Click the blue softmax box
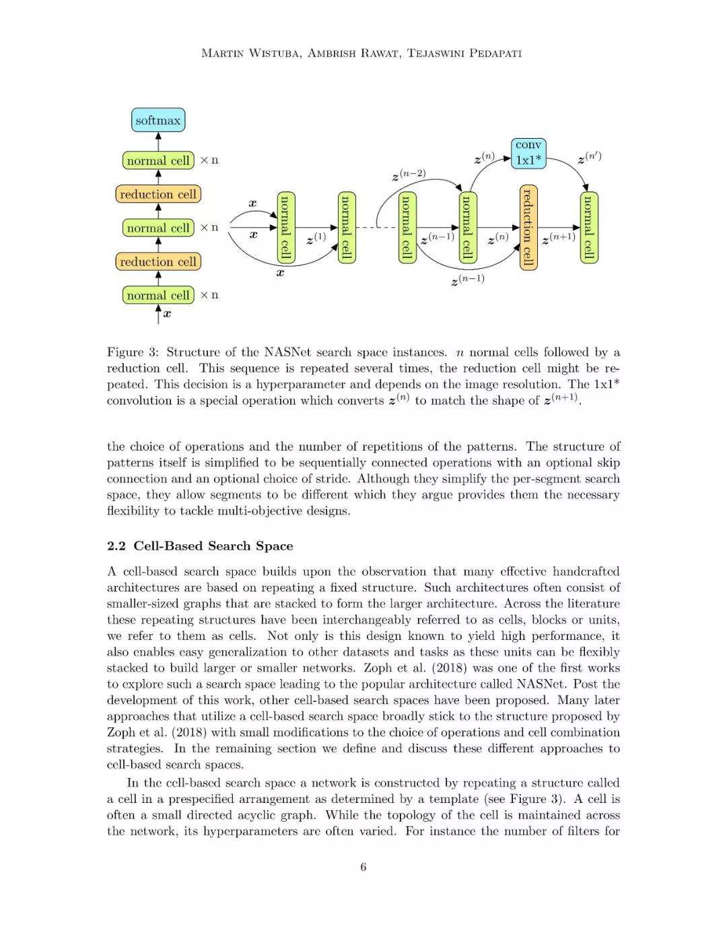[x=158, y=121]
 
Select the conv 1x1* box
[x=528, y=153]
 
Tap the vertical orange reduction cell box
[x=528, y=227]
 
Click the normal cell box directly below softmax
[x=158, y=160]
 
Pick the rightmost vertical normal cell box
[x=589, y=227]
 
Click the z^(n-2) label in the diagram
[x=409, y=175]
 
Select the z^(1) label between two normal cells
[x=316, y=238]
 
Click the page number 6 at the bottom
[x=363, y=867]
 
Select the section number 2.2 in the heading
[x=116, y=546]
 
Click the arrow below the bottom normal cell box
[x=158, y=313]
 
